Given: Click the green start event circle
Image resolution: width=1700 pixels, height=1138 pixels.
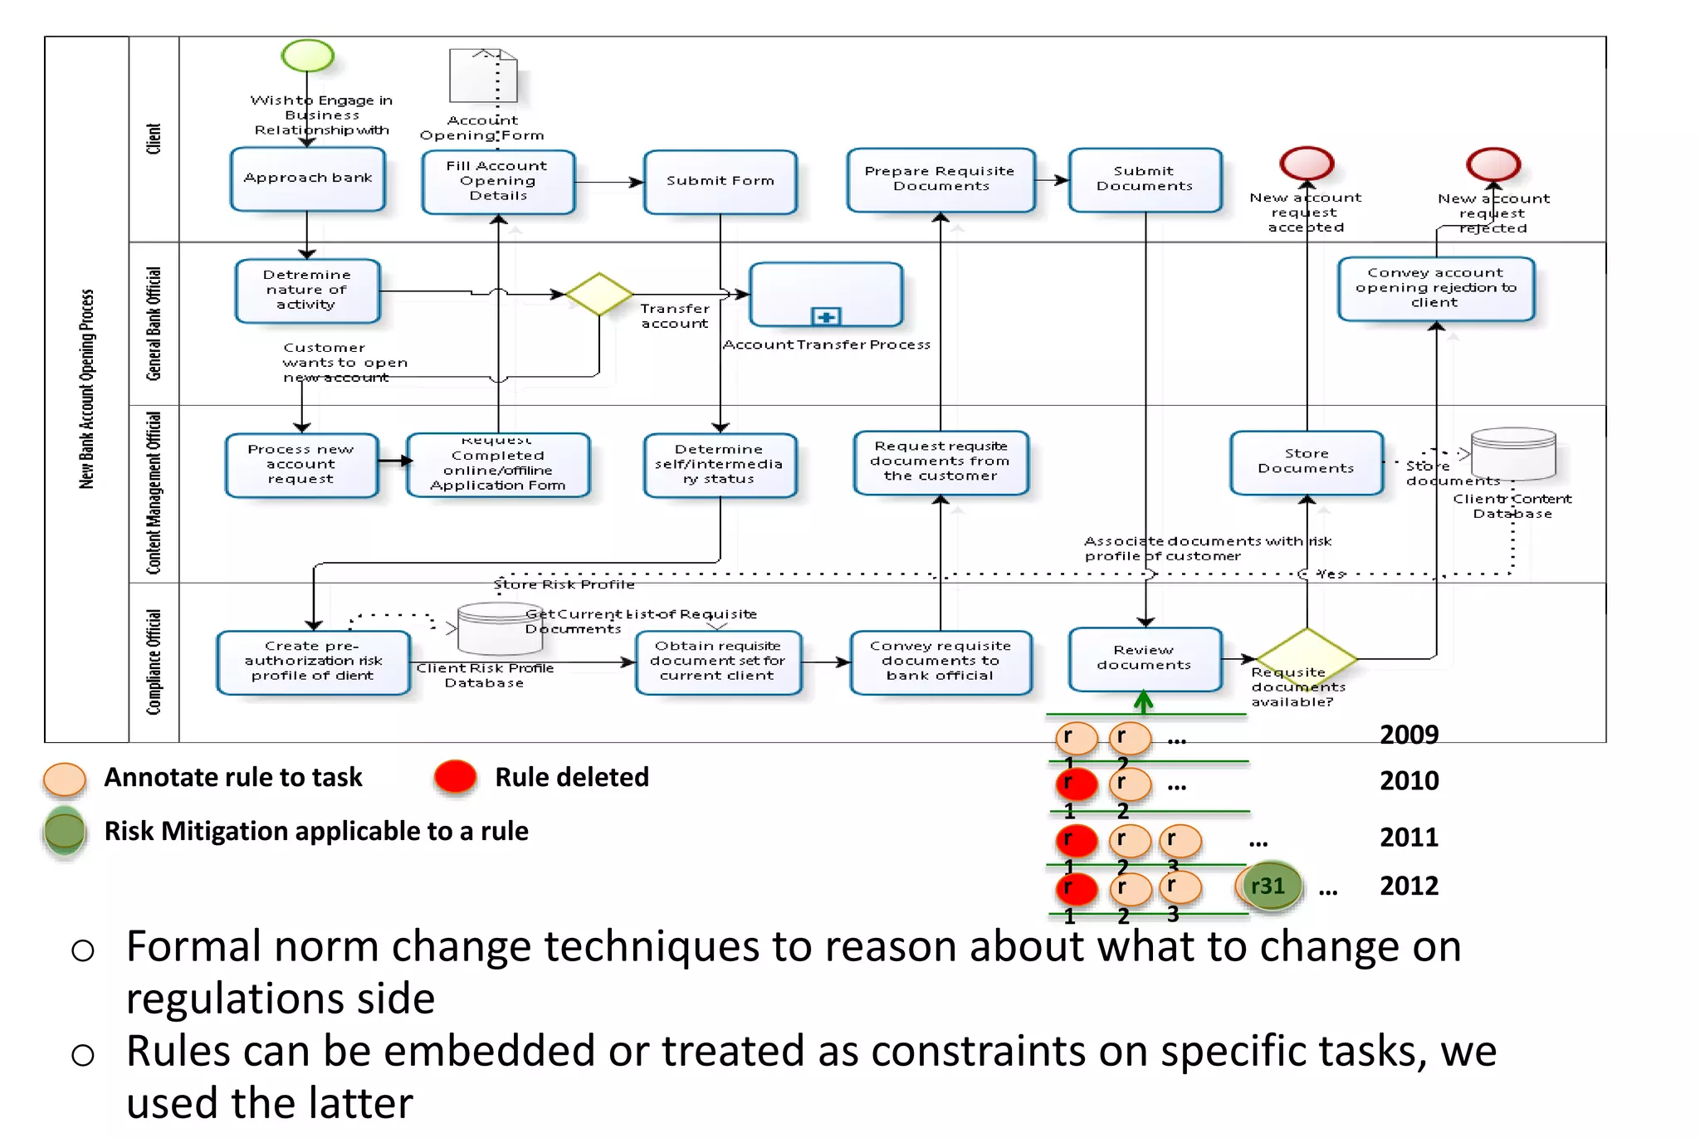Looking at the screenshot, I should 307,56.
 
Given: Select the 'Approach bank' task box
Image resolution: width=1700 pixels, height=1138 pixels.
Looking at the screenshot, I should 308,178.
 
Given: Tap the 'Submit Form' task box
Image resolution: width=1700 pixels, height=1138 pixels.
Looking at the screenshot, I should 720,181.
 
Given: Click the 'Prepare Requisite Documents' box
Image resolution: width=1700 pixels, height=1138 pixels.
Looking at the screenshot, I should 940,179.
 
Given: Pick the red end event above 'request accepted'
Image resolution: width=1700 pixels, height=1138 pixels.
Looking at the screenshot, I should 1307,164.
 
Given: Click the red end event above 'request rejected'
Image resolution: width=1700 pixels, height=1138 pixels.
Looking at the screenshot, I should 1492,164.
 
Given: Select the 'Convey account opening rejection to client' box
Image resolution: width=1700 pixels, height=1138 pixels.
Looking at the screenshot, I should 1435,288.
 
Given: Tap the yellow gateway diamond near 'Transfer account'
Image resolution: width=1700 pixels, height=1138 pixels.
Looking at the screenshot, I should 598,294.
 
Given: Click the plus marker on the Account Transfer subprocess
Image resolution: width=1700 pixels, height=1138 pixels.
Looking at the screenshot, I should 826,316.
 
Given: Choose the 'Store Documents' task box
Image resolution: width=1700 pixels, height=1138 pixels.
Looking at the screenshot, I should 1306,462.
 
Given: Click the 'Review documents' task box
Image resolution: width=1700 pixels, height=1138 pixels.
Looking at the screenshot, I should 1144,658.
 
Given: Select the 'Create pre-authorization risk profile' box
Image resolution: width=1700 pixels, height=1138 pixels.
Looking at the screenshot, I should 313,662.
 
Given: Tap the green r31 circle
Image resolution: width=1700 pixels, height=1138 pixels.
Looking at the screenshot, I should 1268,886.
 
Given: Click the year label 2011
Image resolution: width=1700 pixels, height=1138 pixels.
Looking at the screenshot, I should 1409,837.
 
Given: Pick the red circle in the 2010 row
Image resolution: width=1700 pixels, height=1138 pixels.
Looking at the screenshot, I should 1076,784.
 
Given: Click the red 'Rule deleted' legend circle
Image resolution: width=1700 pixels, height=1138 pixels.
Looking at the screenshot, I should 455,777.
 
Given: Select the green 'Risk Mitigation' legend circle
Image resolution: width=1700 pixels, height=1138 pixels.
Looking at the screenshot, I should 65,831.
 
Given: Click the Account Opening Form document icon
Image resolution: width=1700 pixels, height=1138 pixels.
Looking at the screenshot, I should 483,76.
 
